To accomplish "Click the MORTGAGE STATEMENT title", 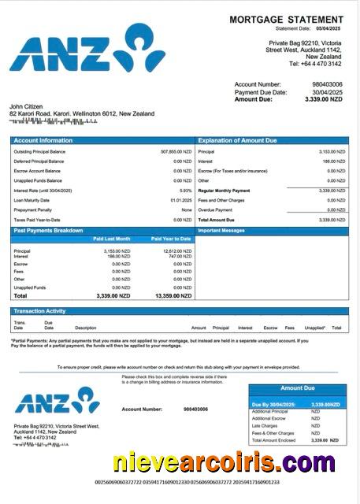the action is [286, 19].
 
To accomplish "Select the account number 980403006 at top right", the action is [327, 84].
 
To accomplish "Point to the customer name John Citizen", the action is [27, 106].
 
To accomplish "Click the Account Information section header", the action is [43, 140].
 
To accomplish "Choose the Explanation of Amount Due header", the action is [237, 140].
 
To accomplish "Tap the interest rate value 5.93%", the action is [186, 191].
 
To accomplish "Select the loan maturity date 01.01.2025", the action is [181, 200].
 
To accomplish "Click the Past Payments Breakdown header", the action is [48, 230].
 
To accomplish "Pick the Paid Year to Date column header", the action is [171, 238].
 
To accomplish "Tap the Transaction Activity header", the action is [40, 312].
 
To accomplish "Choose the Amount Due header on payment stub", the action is [298, 388].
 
